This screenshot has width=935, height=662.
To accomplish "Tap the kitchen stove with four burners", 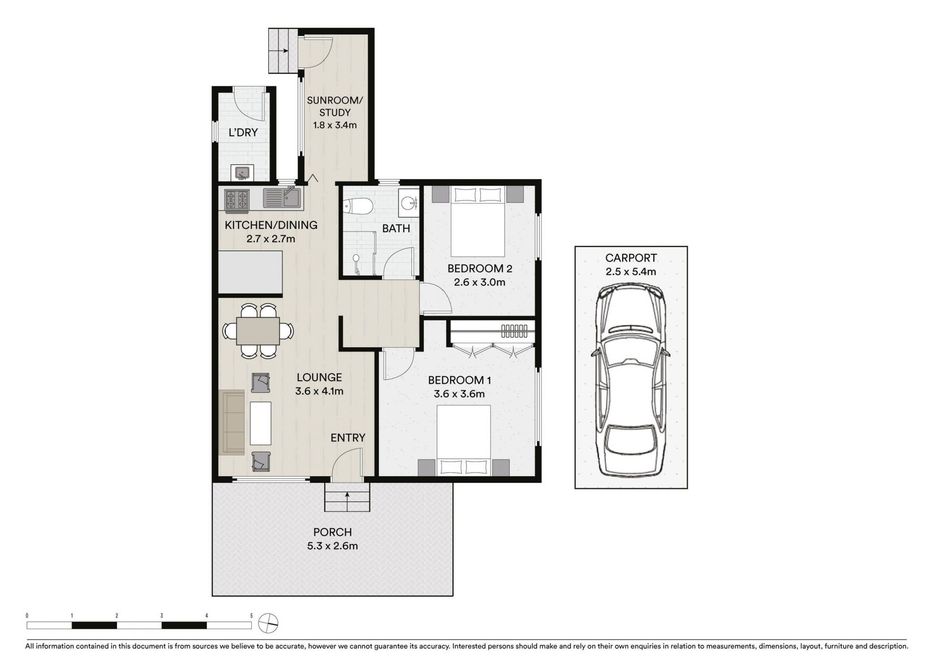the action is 237,200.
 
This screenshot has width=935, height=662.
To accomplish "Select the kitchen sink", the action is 282,198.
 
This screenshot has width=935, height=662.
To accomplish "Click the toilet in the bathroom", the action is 357,207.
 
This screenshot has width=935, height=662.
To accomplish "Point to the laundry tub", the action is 242,173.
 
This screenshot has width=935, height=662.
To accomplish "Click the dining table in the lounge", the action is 258,331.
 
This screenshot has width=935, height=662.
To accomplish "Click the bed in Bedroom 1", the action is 464,440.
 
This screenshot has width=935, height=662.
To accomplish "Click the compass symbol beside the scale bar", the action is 268,622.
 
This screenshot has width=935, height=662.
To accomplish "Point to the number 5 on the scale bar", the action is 251,616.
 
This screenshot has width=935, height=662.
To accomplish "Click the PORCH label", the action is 332,532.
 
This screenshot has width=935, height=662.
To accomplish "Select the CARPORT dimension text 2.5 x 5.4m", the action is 631,272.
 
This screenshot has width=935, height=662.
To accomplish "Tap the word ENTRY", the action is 348,438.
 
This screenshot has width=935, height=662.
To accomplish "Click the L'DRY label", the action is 243,132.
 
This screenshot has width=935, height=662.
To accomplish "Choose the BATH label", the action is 396,228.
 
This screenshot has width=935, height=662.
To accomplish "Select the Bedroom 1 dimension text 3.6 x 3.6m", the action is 459,394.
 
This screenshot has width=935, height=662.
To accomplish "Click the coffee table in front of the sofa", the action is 261,423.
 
